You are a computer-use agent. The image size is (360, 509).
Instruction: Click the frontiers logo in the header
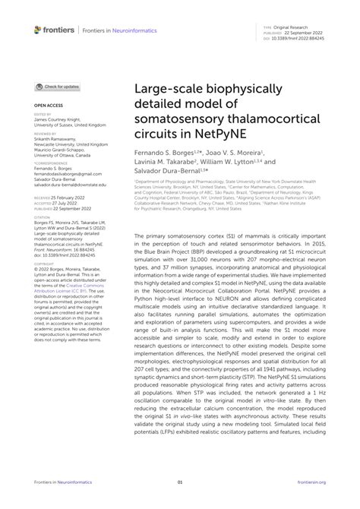tap(54, 30)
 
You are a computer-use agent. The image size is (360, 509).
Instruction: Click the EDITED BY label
tap(43, 115)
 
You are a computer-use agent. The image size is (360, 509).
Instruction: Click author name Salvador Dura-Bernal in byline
tap(174, 171)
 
